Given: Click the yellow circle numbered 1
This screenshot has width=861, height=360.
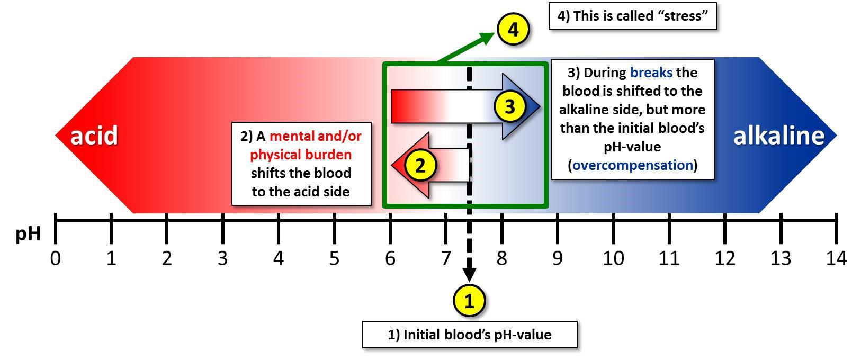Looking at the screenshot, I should point(469,301).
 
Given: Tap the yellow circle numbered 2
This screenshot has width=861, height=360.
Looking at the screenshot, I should point(420,166).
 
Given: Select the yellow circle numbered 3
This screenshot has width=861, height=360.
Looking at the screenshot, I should point(509,107).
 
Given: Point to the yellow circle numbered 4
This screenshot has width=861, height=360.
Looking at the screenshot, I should point(513,30).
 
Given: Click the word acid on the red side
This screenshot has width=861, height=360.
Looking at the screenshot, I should point(94,136).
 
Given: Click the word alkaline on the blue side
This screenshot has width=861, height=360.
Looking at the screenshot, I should point(778,136).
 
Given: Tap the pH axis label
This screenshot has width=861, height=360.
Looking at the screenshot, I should point(28,233).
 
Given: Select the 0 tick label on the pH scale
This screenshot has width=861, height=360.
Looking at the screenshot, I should point(56,258).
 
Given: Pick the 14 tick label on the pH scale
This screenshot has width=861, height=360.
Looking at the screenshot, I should point(836,258).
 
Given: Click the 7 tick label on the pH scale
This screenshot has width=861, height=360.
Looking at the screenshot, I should point(446,258).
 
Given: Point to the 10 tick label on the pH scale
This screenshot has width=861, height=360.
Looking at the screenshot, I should point(613,258).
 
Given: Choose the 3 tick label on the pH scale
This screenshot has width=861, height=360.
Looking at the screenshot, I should point(222,258).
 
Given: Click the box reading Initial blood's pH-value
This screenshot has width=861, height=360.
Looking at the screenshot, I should point(470,335).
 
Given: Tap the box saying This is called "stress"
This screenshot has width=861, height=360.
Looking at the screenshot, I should point(632,16).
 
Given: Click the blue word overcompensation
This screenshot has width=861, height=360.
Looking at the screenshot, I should point(633,165).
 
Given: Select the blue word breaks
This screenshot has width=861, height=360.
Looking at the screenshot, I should point(651,73).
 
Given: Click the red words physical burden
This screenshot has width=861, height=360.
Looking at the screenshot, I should point(301,155).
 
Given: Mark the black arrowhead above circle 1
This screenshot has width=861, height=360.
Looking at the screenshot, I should point(469,275).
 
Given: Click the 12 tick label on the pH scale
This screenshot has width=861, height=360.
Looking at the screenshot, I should point(725,258).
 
